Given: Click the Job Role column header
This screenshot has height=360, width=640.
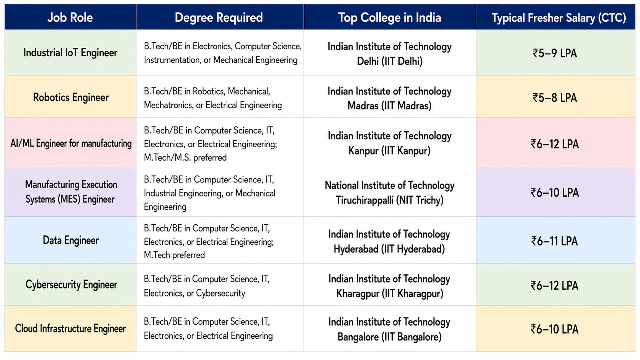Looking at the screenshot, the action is tap(70, 18).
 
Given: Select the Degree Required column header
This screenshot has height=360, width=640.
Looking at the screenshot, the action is tap(219, 18).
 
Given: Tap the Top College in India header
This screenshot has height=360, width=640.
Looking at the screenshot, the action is tap(389, 18).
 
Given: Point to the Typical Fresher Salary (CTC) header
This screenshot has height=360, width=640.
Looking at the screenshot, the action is tap(558, 18).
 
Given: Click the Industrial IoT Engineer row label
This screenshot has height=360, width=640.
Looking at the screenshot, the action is tap(70, 52).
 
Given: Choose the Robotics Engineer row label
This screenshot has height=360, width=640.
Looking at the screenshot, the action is tap(70, 97).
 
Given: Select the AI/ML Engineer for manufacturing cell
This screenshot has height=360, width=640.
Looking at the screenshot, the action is tap(71, 143).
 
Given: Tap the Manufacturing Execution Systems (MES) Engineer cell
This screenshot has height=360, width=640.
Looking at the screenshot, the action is tap(71, 192).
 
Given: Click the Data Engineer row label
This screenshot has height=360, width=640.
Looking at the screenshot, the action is tap(70, 240).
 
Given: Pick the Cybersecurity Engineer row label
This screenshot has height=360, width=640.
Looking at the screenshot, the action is tap(71, 285).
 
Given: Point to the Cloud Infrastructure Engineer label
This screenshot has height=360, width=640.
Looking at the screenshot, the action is tap(70, 328).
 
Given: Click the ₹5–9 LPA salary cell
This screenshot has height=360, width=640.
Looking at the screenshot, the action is tap(555, 53).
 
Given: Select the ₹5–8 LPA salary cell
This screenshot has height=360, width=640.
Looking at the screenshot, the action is tap(555, 98).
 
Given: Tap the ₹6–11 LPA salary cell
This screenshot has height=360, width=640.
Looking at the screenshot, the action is tap(554, 241).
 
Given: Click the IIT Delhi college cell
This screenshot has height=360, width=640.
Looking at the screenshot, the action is tap(389, 54).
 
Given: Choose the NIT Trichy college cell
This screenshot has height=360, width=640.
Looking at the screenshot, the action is tap(389, 192).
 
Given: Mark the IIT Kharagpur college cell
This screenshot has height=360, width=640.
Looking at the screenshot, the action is tap(389, 286).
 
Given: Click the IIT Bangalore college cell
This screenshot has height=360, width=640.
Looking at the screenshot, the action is tap(389, 329).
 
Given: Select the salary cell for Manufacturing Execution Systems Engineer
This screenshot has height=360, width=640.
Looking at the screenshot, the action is tap(555, 192).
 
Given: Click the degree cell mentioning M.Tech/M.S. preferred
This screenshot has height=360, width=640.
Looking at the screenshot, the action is tap(210, 144).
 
